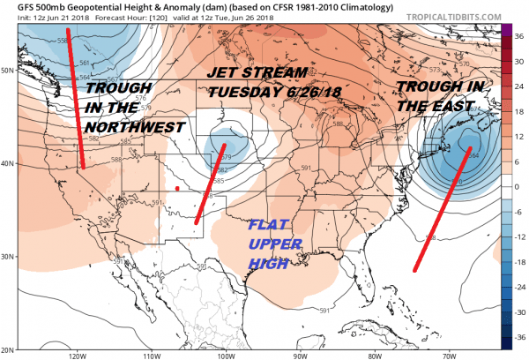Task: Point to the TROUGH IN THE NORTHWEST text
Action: (137, 109)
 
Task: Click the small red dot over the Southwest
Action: (178, 188)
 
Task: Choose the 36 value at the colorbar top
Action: (519, 34)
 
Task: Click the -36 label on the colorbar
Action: (518, 338)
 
